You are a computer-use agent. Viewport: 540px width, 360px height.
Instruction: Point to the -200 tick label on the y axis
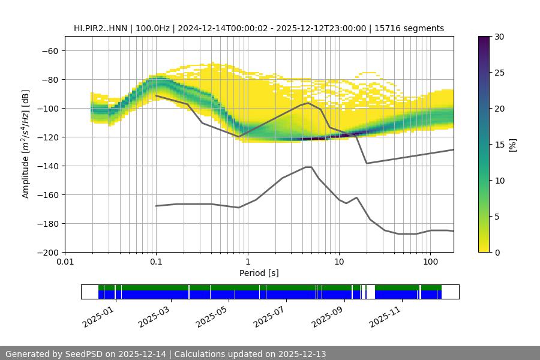[48, 253]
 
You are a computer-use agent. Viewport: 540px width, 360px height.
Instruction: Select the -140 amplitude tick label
[48, 166]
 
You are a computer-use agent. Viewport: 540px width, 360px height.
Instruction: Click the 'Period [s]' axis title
[259, 274]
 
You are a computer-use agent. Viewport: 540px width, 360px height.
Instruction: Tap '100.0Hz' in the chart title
[154, 28]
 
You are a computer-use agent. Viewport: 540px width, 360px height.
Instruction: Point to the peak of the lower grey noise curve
[308, 167]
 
